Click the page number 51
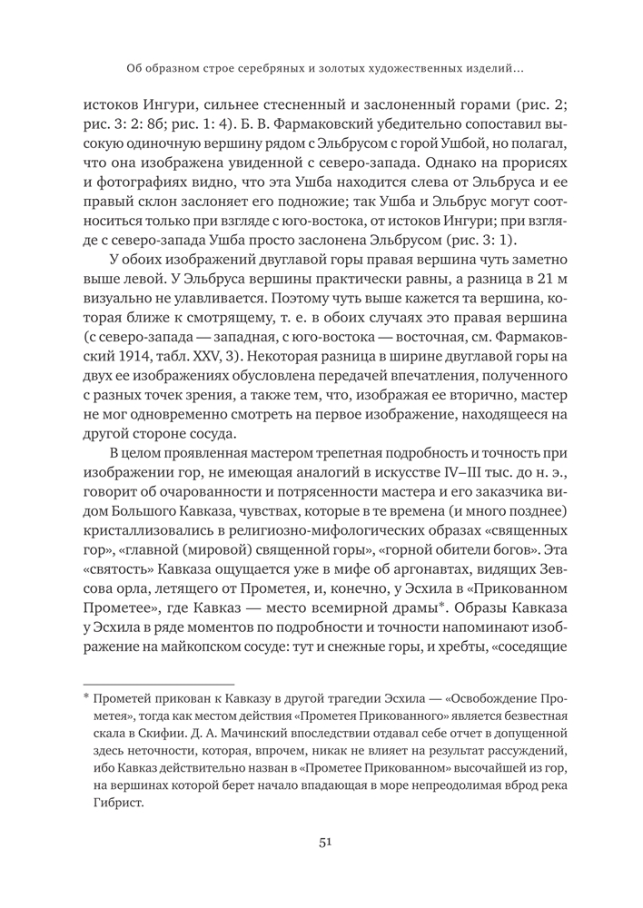point(322,842)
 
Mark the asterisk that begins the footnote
point(86,695)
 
